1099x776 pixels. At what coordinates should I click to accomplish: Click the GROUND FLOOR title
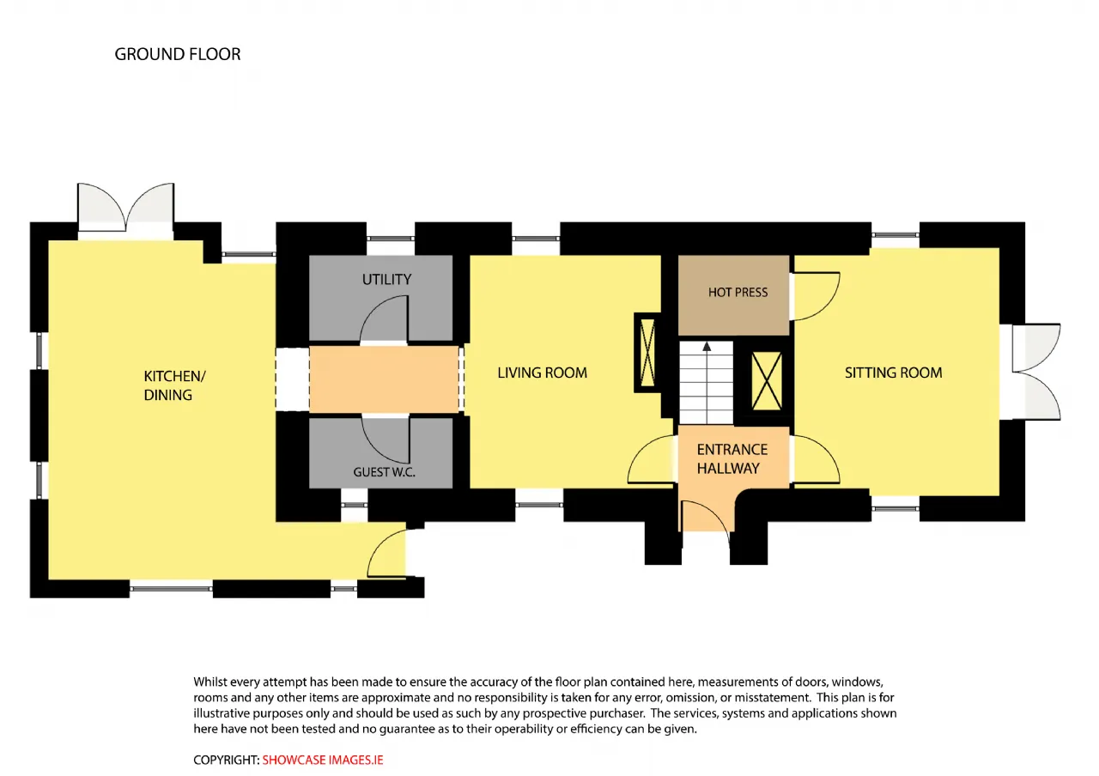[x=178, y=54]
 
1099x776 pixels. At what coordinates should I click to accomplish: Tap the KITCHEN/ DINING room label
[x=174, y=385]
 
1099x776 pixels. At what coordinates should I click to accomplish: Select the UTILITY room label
[x=386, y=280]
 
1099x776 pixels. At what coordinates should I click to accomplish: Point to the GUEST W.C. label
[x=384, y=472]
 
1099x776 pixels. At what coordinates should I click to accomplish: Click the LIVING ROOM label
[x=542, y=373]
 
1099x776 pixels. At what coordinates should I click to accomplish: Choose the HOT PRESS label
[x=738, y=293]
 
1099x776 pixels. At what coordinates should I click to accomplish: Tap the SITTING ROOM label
[x=894, y=373]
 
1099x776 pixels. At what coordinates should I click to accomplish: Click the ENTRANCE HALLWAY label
[x=732, y=458]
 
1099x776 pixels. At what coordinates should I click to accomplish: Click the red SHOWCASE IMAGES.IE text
[x=322, y=760]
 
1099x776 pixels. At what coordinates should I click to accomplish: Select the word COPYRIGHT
[x=226, y=760]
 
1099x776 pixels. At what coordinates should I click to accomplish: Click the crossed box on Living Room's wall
[x=647, y=352]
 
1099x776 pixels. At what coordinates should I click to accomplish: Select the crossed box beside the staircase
[x=767, y=381]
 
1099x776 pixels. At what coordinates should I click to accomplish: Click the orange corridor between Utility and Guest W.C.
[x=384, y=379]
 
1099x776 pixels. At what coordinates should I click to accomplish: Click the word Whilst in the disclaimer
[x=210, y=682]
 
